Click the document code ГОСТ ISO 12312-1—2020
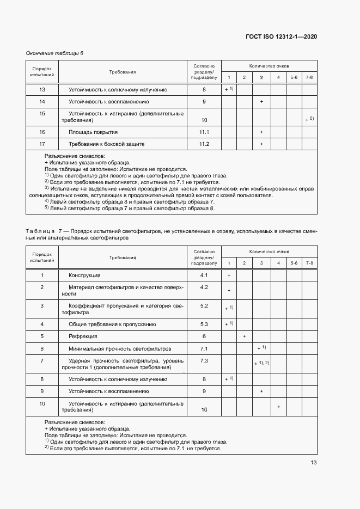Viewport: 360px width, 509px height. click(x=281, y=36)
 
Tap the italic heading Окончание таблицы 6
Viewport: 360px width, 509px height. click(x=55, y=53)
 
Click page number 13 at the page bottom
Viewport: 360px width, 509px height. click(x=313, y=463)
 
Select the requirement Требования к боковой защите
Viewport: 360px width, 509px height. click(x=106, y=144)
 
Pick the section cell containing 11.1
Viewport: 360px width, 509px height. click(x=204, y=132)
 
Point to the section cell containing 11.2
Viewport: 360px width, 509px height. click(x=204, y=144)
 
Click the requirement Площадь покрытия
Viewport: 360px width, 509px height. click(x=93, y=132)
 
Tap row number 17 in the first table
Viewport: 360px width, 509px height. click(x=42, y=144)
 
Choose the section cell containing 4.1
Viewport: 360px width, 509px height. click(x=204, y=275)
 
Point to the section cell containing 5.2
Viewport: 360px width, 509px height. click(x=204, y=305)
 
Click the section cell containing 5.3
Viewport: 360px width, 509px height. click(x=204, y=324)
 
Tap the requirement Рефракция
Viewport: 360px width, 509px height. click(x=83, y=336)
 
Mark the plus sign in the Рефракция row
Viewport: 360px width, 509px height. click(x=245, y=336)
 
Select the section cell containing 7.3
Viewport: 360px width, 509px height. click(x=204, y=360)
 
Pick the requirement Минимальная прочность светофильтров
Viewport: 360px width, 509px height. click(x=120, y=348)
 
